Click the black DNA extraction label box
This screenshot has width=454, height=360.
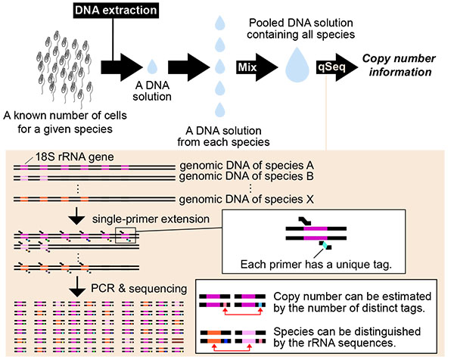click(x=116, y=10)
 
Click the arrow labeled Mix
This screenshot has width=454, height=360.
click(x=257, y=67)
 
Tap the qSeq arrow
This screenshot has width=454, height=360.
click(x=337, y=67)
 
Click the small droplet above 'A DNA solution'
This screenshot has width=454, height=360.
click(x=152, y=67)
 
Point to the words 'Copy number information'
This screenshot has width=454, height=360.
click(x=399, y=65)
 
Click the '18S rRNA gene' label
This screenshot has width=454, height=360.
click(x=74, y=157)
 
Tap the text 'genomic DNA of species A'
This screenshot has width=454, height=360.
click(x=247, y=166)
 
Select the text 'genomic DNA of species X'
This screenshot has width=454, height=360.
click(x=247, y=200)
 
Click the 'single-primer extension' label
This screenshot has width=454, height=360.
click(x=151, y=219)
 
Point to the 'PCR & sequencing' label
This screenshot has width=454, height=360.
click(x=139, y=288)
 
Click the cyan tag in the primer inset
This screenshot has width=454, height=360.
click(x=325, y=245)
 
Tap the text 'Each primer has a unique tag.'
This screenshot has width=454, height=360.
click(x=316, y=265)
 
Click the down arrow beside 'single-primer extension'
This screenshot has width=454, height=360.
click(x=76, y=216)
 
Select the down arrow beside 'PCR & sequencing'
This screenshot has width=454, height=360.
click(x=76, y=287)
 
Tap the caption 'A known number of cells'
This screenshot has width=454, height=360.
click(x=65, y=116)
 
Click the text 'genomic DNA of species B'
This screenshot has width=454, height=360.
click(x=247, y=176)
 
